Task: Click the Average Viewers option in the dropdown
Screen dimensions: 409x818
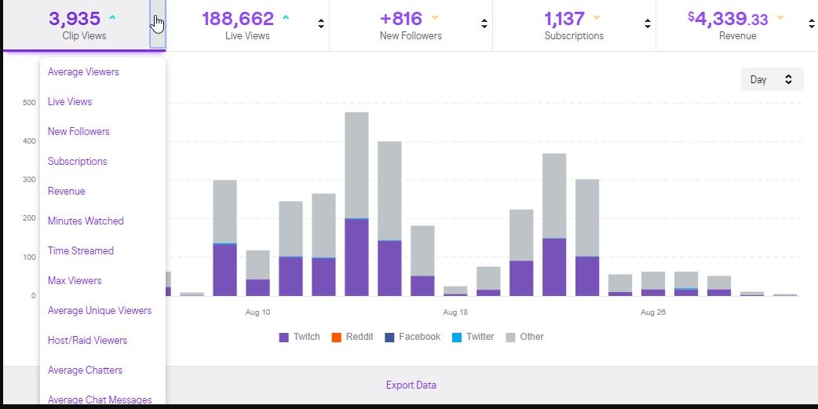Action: [x=83, y=72]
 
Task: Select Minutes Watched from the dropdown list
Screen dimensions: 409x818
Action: [x=86, y=221]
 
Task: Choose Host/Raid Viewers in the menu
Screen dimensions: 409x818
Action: [x=87, y=341]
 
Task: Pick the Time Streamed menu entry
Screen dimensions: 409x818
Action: [x=81, y=251]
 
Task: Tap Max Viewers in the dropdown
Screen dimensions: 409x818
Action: [x=75, y=281]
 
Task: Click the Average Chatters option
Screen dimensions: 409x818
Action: [x=85, y=371]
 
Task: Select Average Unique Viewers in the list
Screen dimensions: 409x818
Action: [x=100, y=311]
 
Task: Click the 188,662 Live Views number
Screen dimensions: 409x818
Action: [x=238, y=19]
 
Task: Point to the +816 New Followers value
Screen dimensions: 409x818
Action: [x=400, y=19]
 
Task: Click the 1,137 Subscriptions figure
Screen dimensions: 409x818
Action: [x=564, y=19]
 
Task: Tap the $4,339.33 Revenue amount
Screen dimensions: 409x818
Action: [x=728, y=19]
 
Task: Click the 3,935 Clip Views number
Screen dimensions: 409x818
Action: [x=74, y=19]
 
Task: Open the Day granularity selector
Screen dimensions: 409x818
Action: [x=772, y=79]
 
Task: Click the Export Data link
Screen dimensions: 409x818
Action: [x=411, y=385]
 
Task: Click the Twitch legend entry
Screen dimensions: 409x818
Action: [x=299, y=337]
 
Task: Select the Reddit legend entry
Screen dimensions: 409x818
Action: [x=352, y=337]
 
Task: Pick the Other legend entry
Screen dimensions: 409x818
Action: [x=524, y=337]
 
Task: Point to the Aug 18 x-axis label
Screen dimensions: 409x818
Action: [x=455, y=312]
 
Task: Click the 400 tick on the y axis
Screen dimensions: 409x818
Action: [x=28, y=141]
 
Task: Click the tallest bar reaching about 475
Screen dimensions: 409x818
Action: [x=356, y=204]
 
